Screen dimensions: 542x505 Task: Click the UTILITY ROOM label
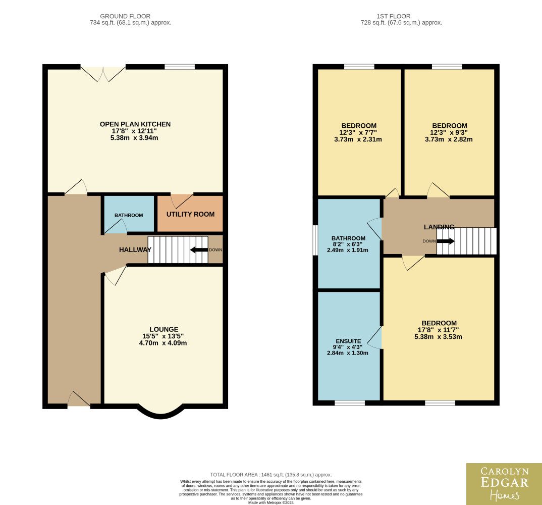(190, 215)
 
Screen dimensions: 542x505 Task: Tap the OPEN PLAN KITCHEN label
(135, 124)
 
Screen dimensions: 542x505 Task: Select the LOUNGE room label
(164, 329)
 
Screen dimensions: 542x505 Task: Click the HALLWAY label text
(135, 250)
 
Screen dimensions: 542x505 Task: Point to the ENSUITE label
(348, 341)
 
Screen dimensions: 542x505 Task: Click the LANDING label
(439, 227)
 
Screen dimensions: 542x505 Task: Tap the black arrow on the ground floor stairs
(199, 250)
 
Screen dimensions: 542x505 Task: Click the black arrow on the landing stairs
(446, 241)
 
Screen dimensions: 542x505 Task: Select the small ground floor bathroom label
(129, 215)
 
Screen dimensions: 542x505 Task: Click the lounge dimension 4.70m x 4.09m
(163, 343)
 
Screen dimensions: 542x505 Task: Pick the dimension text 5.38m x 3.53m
(439, 337)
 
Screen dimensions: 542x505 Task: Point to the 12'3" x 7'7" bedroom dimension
(358, 132)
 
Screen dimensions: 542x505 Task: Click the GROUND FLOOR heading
(125, 16)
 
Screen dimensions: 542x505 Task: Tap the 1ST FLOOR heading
(394, 16)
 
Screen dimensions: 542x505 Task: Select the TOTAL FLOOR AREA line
(270, 475)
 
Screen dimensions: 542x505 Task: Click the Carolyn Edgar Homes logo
(504, 484)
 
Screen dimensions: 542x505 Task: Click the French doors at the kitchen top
(103, 73)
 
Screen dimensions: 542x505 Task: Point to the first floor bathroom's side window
(315, 240)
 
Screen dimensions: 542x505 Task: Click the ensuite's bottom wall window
(349, 403)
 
